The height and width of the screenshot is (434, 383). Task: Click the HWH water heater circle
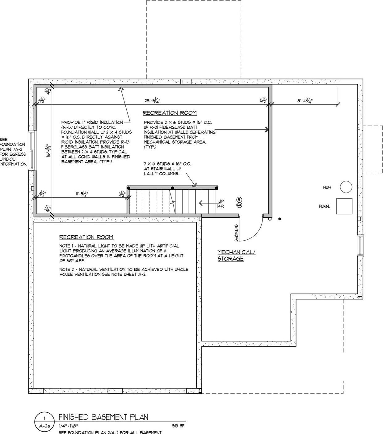pos(346,187)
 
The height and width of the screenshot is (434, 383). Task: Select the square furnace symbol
pos(344,206)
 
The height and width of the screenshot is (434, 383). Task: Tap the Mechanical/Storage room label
pos(236,255)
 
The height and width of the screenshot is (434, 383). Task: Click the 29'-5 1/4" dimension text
pos(153,100)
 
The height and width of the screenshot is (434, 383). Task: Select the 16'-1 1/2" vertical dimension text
pos(48,151)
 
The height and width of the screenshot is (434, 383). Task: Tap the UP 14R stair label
pos(221,204)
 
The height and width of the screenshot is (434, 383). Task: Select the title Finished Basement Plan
pos(103,417)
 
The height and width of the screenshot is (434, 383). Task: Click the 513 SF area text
pos(178,426)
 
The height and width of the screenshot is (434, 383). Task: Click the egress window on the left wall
pos(32,150)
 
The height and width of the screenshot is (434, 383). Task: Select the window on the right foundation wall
pos(360,245)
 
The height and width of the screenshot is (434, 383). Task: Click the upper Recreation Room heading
pos(169,113)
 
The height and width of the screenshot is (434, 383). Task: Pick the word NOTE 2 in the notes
pos(67,269)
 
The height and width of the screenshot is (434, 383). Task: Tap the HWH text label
pos(327,188)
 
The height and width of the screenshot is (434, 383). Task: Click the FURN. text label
pos(324,206)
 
